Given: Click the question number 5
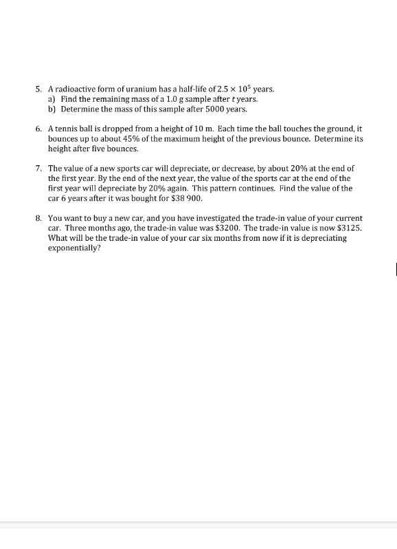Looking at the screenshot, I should (x=38, y=89).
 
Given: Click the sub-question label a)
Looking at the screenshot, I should (x=52, y=99).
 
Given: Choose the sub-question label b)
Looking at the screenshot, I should (x=52, y=109).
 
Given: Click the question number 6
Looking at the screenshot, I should (x=38, y=129).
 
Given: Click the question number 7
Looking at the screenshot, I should (x=38, y=168).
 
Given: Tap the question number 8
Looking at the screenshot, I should (x=38, y=217).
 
